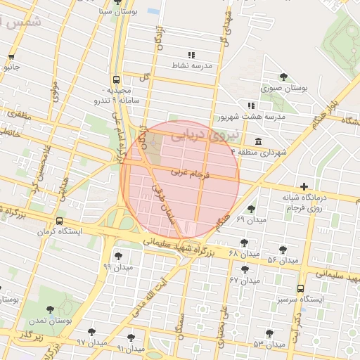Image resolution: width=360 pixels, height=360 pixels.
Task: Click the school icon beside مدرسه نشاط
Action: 191,55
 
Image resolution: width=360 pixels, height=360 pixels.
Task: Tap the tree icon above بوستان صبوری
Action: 283,77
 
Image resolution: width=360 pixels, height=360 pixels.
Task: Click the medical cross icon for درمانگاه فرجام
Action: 304,186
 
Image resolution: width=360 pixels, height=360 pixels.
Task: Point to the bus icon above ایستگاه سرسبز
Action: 302,288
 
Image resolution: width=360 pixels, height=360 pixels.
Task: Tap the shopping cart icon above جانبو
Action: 11,57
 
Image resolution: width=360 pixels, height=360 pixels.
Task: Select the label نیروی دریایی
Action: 216,132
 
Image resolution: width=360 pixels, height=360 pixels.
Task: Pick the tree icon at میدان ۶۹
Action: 251,209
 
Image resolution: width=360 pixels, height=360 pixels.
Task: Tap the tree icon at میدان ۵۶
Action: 283,250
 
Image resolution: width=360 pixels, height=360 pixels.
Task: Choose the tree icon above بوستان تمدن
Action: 50,309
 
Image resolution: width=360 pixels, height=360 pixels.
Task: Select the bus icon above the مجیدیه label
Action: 116,79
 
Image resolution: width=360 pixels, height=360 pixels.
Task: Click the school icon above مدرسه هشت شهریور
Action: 251,105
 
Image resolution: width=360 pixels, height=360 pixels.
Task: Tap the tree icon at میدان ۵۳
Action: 269,333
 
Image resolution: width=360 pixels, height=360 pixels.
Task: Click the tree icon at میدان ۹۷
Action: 91,332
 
